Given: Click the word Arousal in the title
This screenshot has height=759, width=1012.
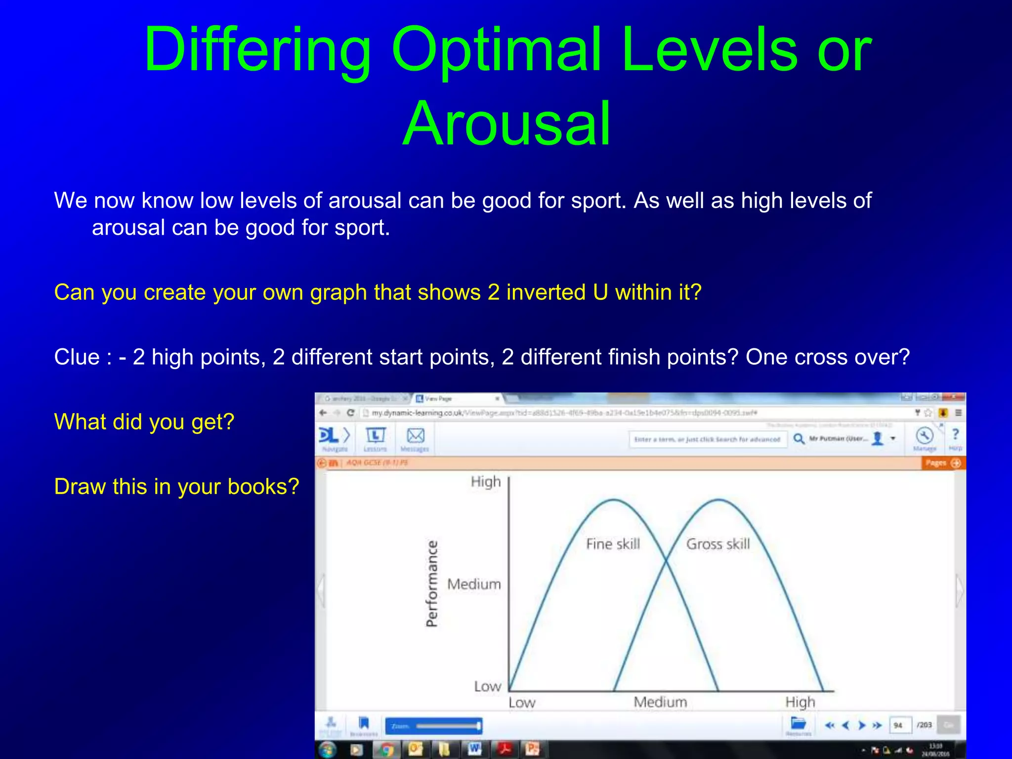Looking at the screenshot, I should [507, 124].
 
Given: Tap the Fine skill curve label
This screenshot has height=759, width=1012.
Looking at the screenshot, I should [613, 544].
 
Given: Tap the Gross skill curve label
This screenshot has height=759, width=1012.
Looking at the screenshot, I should [718, 544].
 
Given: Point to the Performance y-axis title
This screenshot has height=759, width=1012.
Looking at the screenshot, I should [432, 584].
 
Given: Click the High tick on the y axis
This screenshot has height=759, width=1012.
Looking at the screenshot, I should [485, 482].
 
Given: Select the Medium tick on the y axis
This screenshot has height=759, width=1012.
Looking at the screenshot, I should [474, 585].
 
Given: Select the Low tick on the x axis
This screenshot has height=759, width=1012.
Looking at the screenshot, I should [522, 703].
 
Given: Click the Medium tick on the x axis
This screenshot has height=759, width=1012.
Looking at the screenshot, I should [660, 702].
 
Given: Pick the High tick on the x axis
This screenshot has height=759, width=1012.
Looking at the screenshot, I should [800, 702].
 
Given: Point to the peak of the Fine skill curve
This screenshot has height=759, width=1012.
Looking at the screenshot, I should [614, 501].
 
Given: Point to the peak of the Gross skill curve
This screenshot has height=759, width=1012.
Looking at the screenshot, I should [718, 500].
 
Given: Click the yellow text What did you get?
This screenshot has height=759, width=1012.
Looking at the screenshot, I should [144, 422].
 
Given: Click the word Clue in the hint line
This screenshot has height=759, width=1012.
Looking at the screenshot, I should [77, 357].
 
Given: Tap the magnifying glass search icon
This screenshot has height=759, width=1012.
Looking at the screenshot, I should [799, 439].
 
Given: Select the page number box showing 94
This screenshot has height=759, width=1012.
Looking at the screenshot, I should [899, 725].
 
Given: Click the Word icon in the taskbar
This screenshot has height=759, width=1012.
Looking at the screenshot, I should [474, 749].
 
